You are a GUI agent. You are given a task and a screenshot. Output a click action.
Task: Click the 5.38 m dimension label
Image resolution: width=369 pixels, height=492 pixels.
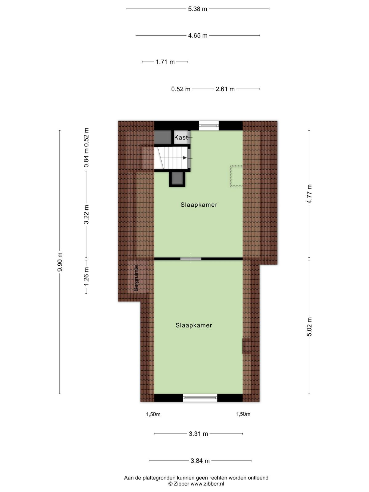pos(197,9)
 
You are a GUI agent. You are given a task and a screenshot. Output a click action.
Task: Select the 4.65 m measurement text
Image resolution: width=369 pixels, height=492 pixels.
pos(198,36)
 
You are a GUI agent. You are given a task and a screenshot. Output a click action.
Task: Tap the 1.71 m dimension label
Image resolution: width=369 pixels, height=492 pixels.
pos(165,62)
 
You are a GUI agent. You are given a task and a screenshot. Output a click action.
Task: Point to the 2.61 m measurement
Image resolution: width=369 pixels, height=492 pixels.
pos(225,89)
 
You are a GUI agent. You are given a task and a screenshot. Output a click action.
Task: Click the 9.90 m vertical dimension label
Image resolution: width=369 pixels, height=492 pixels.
pos(60,262)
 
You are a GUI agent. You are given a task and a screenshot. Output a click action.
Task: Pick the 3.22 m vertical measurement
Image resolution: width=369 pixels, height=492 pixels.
pos(86,214)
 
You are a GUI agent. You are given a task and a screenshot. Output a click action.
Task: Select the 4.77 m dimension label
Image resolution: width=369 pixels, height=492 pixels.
pos(309,194)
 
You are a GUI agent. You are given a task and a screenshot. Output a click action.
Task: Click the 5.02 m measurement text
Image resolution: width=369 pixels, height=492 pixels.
pos(309,327)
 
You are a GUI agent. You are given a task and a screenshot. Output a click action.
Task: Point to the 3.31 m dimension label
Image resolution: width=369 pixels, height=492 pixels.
pos(198,434)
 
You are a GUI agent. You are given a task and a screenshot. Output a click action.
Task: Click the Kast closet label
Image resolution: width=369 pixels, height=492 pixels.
pos(181,137)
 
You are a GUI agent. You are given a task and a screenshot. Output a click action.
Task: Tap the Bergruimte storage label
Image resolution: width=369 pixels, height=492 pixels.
pos(136,278)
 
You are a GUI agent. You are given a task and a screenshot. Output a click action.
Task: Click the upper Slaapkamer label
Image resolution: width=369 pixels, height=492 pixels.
pos(199,205)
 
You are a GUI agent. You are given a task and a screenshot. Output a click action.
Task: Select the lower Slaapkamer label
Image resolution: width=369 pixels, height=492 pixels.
pos(194,325)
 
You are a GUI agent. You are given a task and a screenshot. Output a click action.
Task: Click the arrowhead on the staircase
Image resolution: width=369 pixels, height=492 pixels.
pos(185,158)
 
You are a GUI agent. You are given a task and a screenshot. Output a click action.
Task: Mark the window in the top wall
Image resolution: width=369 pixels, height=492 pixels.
pos(209,125)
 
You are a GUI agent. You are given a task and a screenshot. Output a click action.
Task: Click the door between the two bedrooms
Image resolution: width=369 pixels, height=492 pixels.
pos(191,259)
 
